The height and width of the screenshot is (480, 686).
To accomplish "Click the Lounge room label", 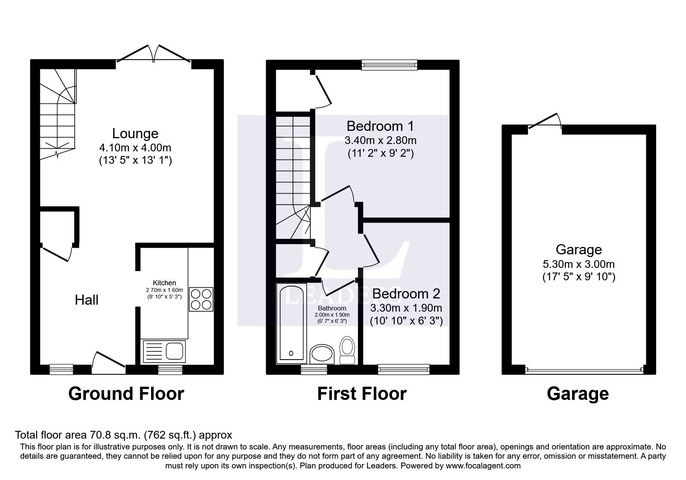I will pos(135,134).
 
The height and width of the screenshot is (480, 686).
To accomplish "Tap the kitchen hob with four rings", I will pos(201,299).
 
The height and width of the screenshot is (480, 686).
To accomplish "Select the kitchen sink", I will pos(165,351).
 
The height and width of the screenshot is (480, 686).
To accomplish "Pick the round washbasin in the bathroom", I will pos(322,353).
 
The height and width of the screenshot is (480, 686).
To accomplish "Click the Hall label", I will pos(86,300).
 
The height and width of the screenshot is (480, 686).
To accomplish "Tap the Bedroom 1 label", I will pos(380,126).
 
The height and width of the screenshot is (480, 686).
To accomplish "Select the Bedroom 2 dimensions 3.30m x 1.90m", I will pos(406,309).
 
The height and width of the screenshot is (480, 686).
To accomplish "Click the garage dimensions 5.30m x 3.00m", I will pos(578,265).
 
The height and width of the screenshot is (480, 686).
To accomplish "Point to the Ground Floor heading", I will pos(126,394).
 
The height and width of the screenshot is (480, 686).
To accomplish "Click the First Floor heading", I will pos(362,394).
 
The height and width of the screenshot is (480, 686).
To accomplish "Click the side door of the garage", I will pos(545,123).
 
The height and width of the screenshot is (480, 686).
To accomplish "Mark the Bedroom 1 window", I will pos(389,65).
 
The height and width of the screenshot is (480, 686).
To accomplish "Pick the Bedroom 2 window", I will pos(404,370).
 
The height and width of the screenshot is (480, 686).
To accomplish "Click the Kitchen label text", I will pos(164,283).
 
